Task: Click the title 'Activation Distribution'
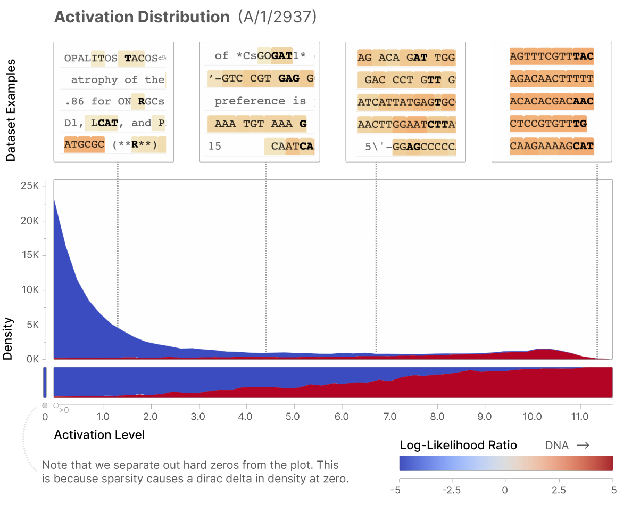click(142, 17)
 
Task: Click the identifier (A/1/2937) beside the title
click(277, 17)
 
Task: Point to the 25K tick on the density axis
click(30, 187)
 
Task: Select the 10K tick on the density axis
click(30, 290)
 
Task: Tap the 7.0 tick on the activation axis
click(390, 416)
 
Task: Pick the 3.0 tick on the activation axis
click(199, 416)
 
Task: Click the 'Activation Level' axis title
click(99, 435)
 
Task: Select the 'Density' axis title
click(8, 339)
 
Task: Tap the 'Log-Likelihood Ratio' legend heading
click(458, 446)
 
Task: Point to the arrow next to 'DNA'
click(583, 446)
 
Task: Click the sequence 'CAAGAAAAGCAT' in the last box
click(551, 145)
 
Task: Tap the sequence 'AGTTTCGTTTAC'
click(551, 56)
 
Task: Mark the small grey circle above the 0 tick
click(45, 406)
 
